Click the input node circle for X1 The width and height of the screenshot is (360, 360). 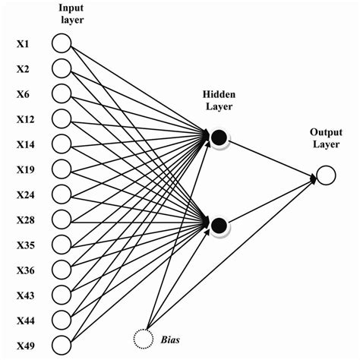point(61,43)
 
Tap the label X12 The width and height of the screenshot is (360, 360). point(25,118)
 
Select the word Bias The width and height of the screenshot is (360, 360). point(170,336)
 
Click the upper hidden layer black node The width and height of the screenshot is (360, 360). point(219,137)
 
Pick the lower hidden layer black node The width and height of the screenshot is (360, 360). point(219,223)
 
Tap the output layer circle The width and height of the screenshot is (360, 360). point(325,177)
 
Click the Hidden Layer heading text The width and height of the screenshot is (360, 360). point(218,99)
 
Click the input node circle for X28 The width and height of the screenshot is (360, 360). point(61,218)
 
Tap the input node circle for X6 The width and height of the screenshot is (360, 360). point(61,93)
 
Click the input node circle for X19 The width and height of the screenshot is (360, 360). point(61,168)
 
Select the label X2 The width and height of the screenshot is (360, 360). point(23,68)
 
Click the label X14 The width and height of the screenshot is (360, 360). point(25,144)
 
